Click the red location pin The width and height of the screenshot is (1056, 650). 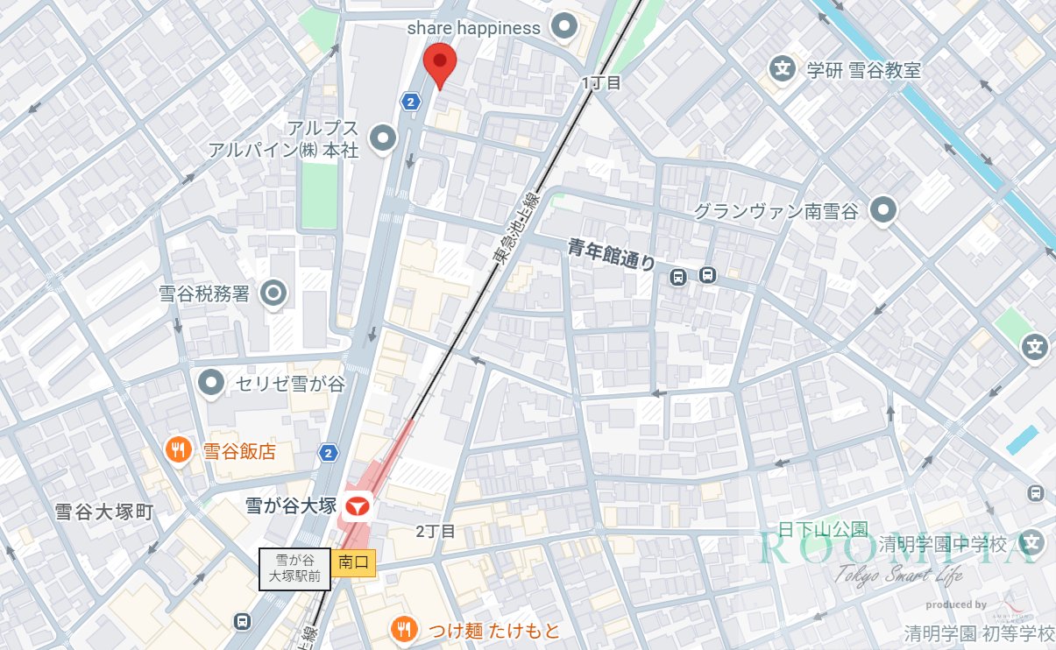(440, 64)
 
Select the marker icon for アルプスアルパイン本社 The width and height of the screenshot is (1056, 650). (383, 138)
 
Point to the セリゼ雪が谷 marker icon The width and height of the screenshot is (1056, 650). (211, 382)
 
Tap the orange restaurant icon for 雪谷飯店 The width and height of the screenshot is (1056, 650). (178, 451)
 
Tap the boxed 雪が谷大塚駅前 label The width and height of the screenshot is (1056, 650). (294, 569)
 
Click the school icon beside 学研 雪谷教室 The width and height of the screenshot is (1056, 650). (781, 68)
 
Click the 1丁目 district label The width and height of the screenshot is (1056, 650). (601, 83)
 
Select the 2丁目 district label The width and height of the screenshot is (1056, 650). (436, 531)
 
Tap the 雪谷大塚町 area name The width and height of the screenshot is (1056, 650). (103, 512)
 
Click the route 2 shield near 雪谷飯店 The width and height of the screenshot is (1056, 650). (328, 453)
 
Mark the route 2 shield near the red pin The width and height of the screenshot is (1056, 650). (410, 102)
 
